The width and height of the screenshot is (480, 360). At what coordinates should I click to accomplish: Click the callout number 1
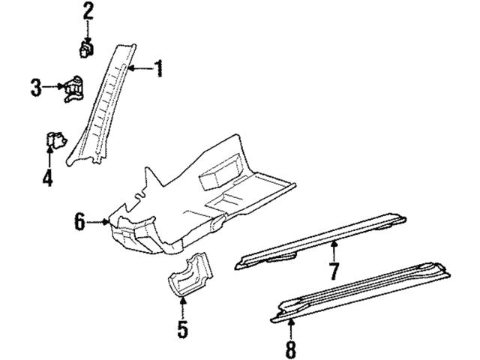coord(157,70)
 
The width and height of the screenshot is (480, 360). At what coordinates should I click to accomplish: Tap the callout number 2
coord(88,11)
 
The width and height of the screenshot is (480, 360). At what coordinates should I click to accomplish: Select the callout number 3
coord(35,88)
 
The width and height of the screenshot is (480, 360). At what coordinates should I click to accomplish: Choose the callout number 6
coord(79,221)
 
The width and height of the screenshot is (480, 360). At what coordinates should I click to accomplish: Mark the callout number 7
coord(334,269)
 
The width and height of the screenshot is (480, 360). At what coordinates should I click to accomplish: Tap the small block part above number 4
coord(53,140)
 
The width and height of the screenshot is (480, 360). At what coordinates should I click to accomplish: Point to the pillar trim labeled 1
coord(105,105)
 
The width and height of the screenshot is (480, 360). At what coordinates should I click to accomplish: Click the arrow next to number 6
coord(100,222)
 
